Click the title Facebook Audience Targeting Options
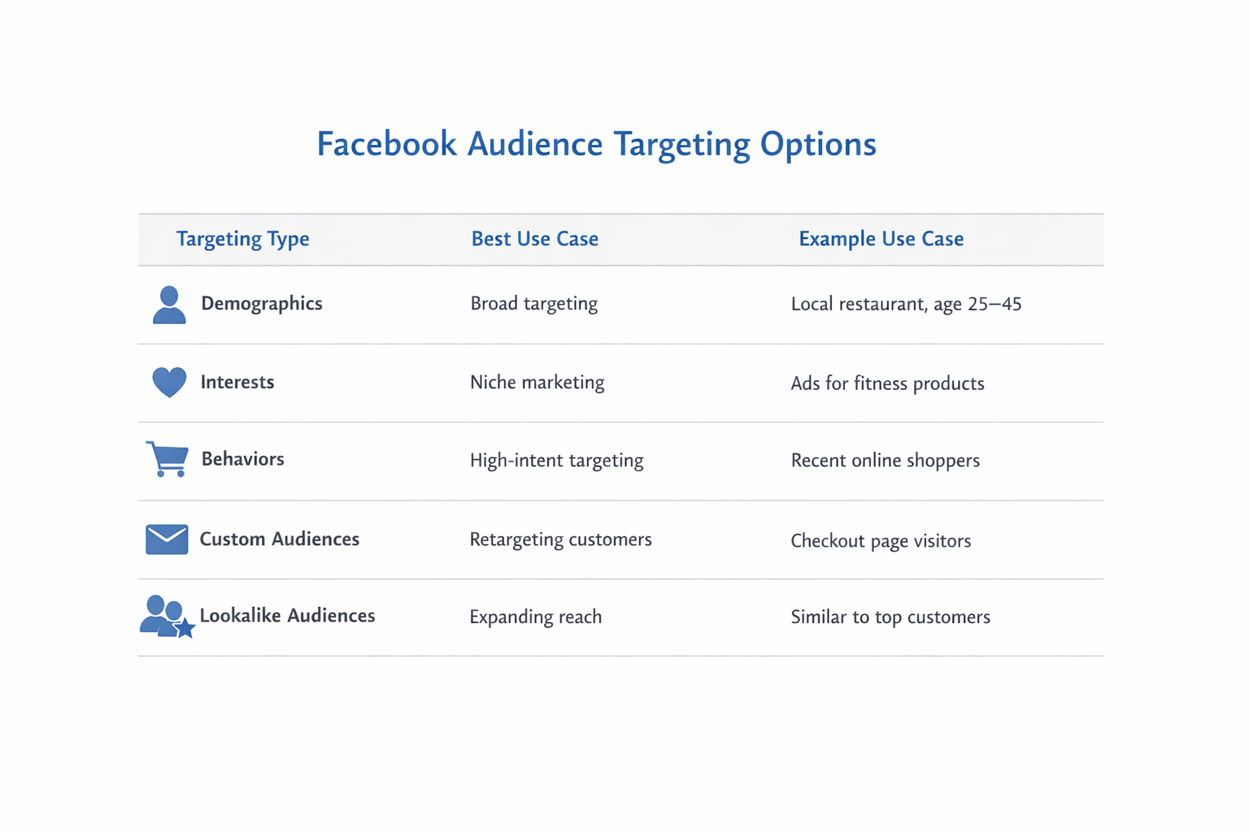[596, 145]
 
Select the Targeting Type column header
[242, 239]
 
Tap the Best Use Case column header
[534, 239]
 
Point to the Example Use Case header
[881, 239]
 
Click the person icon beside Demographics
[169, 305]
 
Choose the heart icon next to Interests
[169, 382]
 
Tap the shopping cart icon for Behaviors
[168, 459]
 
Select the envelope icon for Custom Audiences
[167, 539]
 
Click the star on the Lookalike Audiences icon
[185, 627]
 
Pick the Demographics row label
[262, 304]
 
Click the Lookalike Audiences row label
[287, 616]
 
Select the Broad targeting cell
[533, 304]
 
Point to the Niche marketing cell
[537, 383]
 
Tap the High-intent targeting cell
[556, 461]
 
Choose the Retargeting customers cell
[560, 539]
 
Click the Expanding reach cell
[535, 617]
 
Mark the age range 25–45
[994, 305]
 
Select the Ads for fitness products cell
[887, 383]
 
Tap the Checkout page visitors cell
[881, 541]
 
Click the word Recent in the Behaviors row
[818, 461]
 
